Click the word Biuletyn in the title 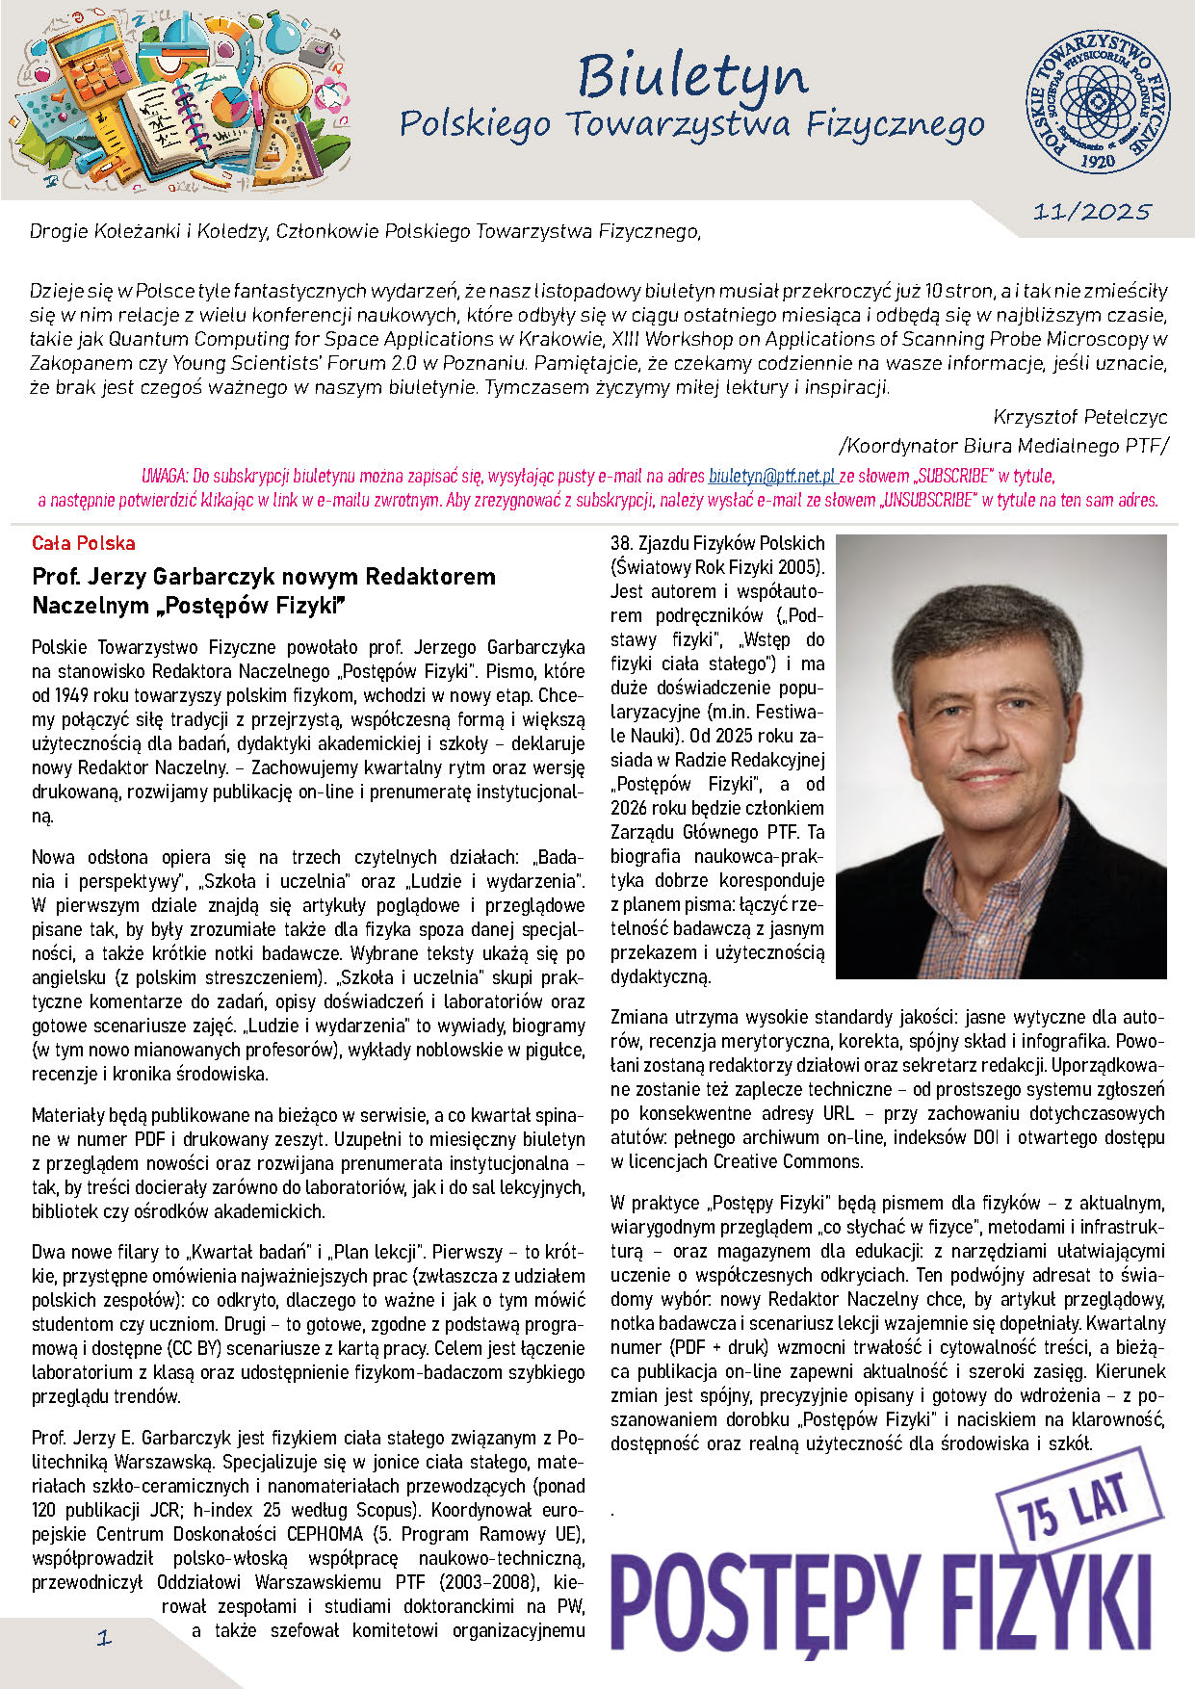[692, 78]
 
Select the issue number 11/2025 [1092, 213]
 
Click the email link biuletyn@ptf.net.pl [771, 476]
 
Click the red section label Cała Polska [84, 543]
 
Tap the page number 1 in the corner [104, 1637]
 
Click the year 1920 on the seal [1098, 161]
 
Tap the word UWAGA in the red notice [164, 476]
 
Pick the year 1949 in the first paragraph [75, 695]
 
